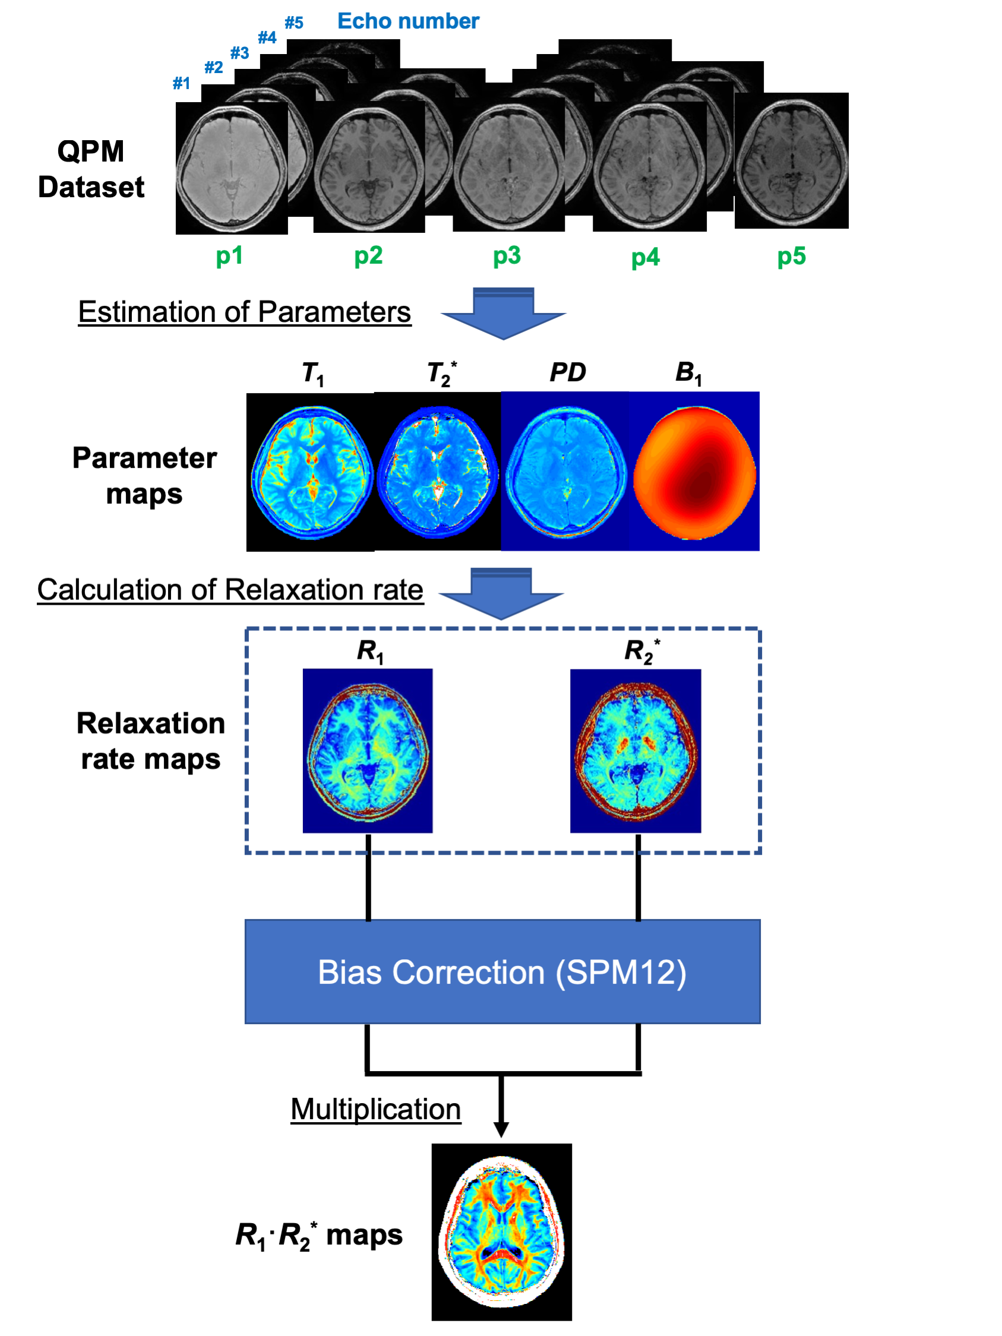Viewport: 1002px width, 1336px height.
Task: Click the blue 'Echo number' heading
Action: (x=407, y=21)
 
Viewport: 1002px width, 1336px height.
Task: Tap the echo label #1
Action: (x=181, y=83)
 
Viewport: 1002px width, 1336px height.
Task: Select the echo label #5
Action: (x=293, y=23)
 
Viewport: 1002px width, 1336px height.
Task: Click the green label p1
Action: (x=229, y=256)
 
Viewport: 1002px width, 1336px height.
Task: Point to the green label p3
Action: (x=507, y=256)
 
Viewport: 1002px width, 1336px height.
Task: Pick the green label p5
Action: (x=791, y=256)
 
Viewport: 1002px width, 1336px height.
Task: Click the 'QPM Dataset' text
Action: (x=91, y=169)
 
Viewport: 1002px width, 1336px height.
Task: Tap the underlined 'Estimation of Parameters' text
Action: (x=245, y=312)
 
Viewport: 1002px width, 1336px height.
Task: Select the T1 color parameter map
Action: (x=311, y=471)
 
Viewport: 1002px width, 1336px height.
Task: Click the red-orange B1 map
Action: (x=694, y=471)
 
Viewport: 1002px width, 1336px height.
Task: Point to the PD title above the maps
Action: (x=568, y=372)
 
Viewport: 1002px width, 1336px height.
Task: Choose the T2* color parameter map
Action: (x=438, y=471)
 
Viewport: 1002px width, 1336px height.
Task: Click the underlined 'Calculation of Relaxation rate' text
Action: (x=230, y=589)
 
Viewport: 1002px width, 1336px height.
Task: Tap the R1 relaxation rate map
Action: (x=368, y=750)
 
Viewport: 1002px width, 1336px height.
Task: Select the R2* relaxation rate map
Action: (x=636, y=750)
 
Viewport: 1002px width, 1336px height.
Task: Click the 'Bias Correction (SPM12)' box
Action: (x=502, y=972)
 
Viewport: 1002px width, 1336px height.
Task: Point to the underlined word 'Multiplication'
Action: (x=375, y=1109)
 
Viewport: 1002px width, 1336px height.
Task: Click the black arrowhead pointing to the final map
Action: (x=501, y=1129)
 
